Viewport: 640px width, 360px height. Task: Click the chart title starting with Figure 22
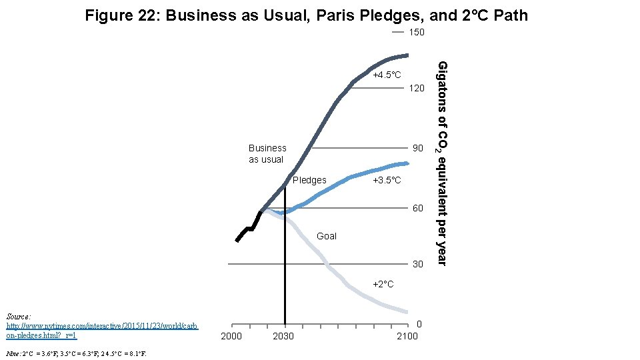(306, 15)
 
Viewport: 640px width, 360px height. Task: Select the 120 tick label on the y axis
(417, 88)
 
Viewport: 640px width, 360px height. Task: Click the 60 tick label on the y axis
(417, 209)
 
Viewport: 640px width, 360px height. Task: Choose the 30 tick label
(417, 264)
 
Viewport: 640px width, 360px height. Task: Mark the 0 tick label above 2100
(419, 325)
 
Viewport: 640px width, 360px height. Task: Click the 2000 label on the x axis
(231, 336)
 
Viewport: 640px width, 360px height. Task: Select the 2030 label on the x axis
(283, 336)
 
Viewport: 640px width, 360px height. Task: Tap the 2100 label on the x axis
(407, 336)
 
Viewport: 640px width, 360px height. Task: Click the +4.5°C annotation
(387, 75)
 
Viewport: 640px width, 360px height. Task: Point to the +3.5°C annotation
(387, 181)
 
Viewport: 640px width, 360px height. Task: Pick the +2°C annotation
(383, 285)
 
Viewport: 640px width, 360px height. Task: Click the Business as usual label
(267, 153)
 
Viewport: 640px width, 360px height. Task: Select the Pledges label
(309, 180)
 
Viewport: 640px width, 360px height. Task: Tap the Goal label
(327, 236)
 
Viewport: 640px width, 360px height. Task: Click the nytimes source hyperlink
(102, 331)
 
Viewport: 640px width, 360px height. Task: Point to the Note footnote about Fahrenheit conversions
(75, 353)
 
